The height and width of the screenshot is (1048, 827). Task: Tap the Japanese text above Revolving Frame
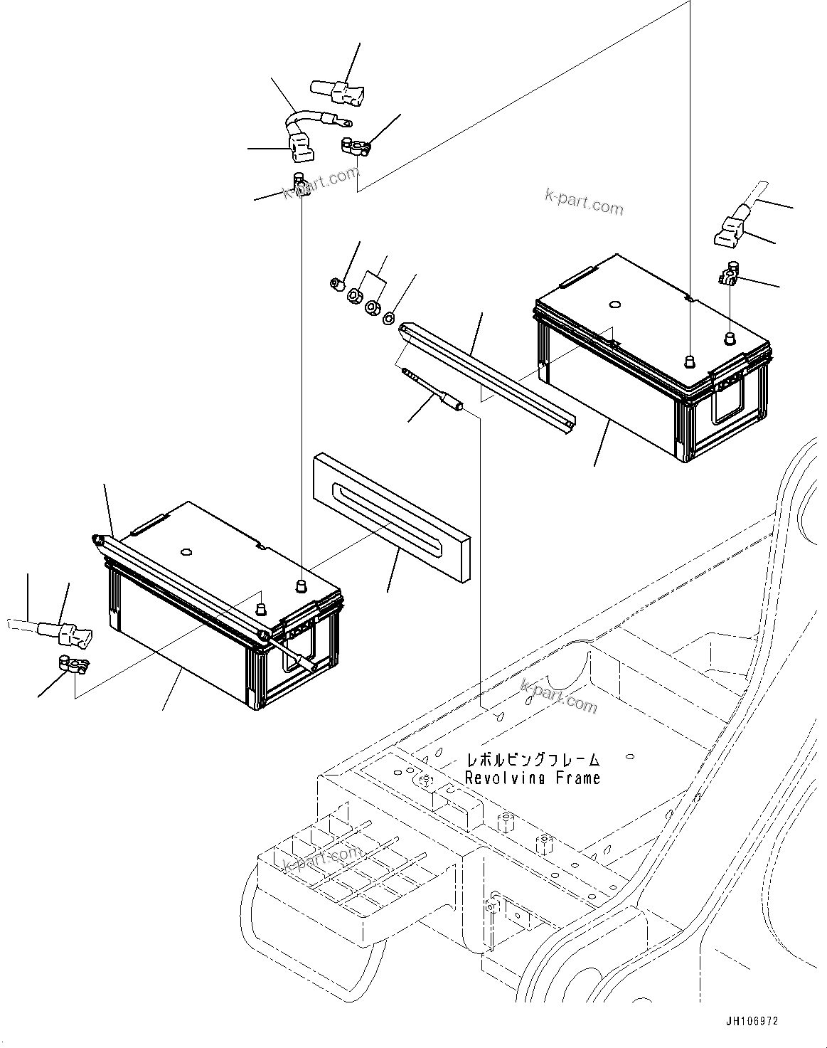pos(533,761)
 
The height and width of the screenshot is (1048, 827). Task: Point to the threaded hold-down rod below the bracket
pos(434,388)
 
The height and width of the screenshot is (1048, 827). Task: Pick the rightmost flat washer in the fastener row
pos(389,318)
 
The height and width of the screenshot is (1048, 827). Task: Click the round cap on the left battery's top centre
pos(186,551)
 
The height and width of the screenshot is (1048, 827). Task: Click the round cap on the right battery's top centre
pos(614,306)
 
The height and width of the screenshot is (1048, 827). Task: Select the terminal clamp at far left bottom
pos(70,666)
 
